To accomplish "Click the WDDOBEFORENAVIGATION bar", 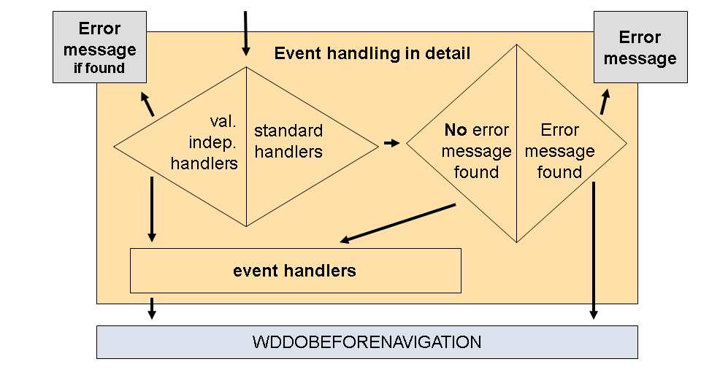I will pyautogui.click(x=367, y=341).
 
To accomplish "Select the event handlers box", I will pyautogui.click(x=295, y=271).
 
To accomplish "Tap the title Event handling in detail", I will pyautogui.click(x=372, y=53).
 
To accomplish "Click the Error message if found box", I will pyautogui.click(x=99, y=49).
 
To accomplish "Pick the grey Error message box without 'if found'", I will pyautogui.click(x=640, y=47).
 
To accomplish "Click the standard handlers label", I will pyautogui.click(x=288, y=142).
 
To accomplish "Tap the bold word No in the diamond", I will pyautogui.click(x=456, y=131).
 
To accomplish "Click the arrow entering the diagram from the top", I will pyautogui.click(x=245, y=34).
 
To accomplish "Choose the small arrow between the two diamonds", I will pyautogui.click(x=392, y=143).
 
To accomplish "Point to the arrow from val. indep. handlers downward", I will pyautogui.click(x=151, y=209).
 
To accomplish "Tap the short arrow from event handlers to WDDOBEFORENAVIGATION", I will pyautogui.click(x=151, y=307).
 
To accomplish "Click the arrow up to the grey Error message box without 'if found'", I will pyautogui.click(x=605, y=101).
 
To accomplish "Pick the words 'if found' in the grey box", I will pyautogui.click(x=99, y=69).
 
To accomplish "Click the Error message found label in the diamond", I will pyautogui.click(x=560, y=151).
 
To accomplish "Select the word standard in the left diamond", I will pyautogui.click(x=288, y=131).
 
